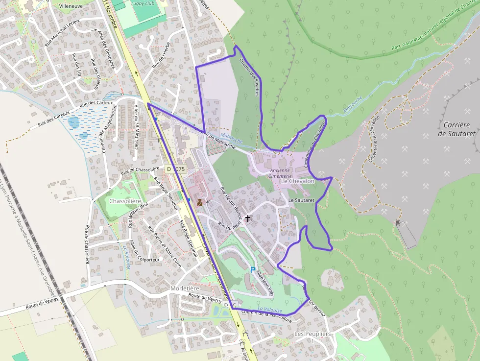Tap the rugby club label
[x=143, y=3]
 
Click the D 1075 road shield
[x=176, y=169]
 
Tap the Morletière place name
[x=185, y=288]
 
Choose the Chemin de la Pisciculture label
[x=267, y=316]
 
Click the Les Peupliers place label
[x=313, y=334]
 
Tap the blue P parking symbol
[x=253, y=270]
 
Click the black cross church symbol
[x=248, y=218]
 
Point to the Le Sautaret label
[x=301, y=200]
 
